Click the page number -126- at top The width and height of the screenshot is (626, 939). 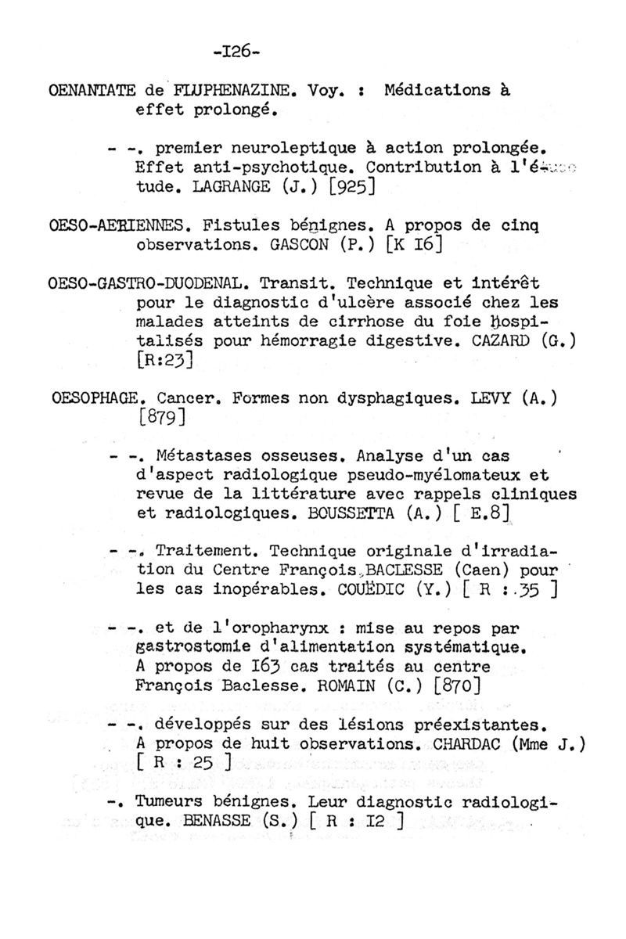(236, 52)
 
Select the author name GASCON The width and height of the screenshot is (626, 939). (293, 246)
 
